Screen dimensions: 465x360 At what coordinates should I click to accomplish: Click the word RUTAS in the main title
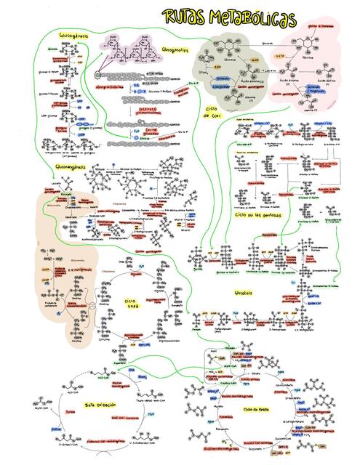coord(183,17)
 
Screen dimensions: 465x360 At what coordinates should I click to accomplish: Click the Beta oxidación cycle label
coord(100,404)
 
